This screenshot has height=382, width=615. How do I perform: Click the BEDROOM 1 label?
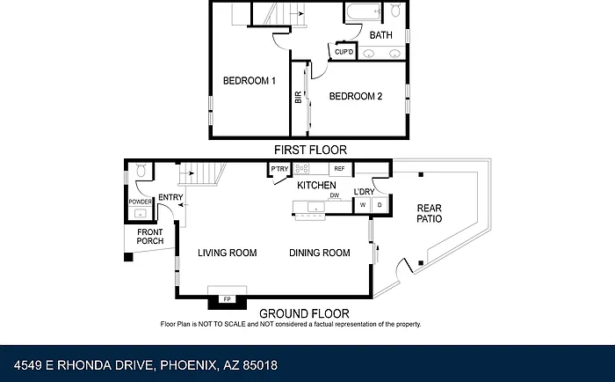click(x=249, y=81)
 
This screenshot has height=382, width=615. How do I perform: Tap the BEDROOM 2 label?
click(x=355, y=96)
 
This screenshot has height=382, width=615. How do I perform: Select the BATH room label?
click(x=380, y=35)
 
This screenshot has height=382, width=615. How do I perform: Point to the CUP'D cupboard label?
click(x=344, y=52)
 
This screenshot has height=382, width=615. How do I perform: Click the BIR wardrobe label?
click(x=298, y=97)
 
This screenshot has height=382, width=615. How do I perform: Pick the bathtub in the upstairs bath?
click(x=364, y=11)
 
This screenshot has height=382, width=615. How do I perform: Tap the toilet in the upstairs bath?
click(x=395, y=10)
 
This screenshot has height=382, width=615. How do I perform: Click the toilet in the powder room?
click(x=141, y=170)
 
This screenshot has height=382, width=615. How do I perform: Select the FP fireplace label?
click(x=227, y=299)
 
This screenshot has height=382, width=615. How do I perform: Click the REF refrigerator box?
click(x=341, y=169)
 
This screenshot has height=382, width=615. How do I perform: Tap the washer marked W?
click(x=363, y=205)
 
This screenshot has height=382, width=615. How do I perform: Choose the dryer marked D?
click(x=380, y=205)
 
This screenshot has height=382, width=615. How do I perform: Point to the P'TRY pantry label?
click(x=279, y=169)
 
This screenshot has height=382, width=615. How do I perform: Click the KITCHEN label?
click(x=316, y=186)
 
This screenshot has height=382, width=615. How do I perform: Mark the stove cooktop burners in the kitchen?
click(x=301, y=169)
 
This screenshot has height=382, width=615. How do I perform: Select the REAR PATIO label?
click(x=429, y=213)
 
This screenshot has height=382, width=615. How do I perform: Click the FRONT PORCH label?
click(x=150, y=237)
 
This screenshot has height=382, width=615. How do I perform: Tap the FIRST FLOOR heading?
click(x=310, y=150)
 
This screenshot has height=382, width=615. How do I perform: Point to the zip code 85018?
click(x=260, y=365)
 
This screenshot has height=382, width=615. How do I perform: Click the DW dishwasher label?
click(x=334, y=195)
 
